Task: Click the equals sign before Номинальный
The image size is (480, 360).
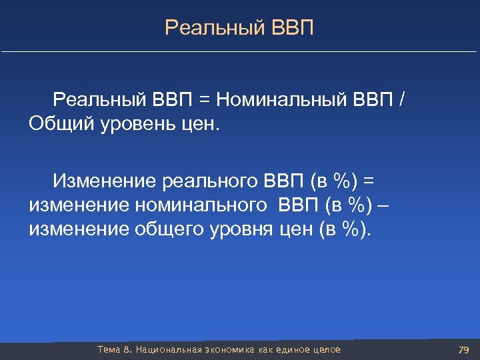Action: coord(203,100)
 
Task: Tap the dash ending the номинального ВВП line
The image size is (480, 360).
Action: coord(381,205)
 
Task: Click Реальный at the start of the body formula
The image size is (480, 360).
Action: coord(99,100)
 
